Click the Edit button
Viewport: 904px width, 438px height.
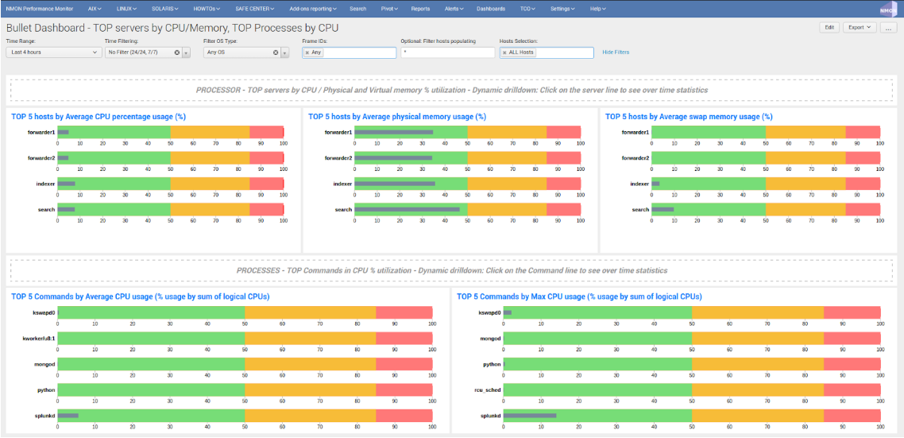click(x=829, y=27)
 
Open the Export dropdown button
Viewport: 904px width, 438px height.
click(x=859, y=27)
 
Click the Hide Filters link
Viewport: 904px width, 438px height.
click(x=616, y=52)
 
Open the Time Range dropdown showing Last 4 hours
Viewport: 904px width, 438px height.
click(x=53, y=52)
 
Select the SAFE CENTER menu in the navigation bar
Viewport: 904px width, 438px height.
click(x=254, y=9)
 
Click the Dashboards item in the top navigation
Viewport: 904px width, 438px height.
click(x=490, y=9)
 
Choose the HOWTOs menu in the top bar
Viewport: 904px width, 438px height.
click(x=209, y=9)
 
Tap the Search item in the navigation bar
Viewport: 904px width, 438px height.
click(x=357, y=9)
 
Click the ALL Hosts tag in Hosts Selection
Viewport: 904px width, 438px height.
click(x=521, y=52)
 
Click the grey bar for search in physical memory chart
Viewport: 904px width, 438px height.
click(x=407, y=210)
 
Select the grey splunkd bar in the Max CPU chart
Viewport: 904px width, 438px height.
click(x=530, y=416)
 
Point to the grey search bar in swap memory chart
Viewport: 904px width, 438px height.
click(x=663, y=210)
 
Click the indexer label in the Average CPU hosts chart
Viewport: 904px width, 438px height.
click(x=44, y=184)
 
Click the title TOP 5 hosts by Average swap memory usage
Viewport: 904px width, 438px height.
click(x=689, y=117)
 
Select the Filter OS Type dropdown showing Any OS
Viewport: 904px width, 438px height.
click(x=240, y=52)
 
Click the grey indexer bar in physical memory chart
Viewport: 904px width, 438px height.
click(x=395, y=184)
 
